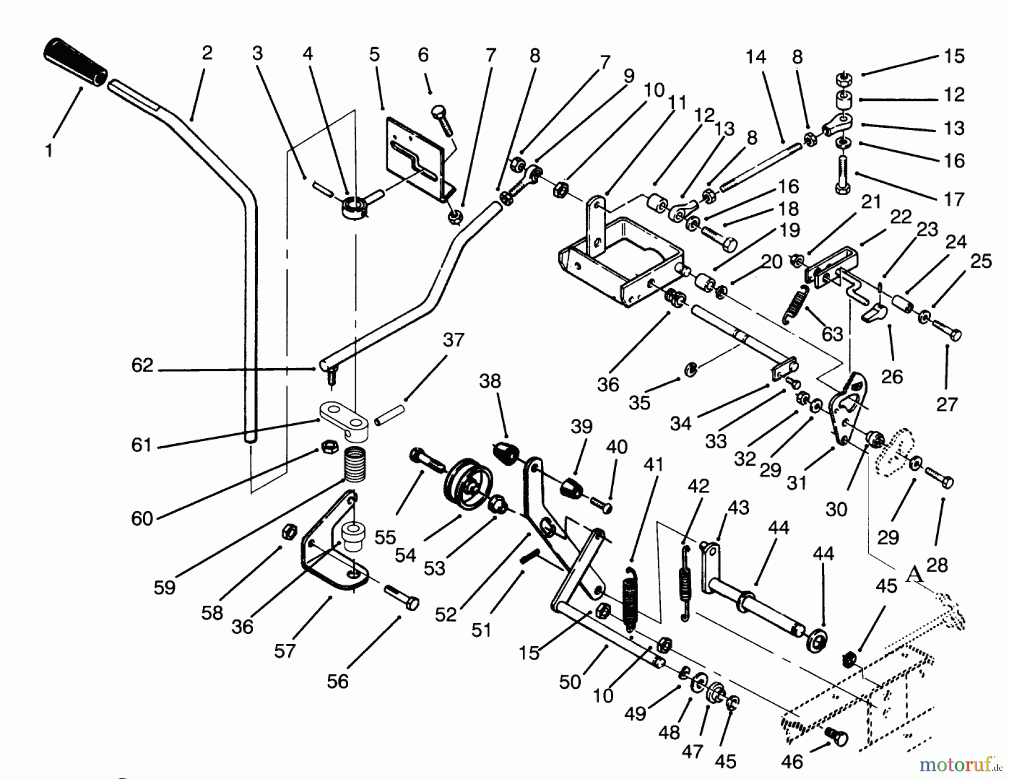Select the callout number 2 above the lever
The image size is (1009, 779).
[x=207, y=53]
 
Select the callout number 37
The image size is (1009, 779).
[x=453, y=340]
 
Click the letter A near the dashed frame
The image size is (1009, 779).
[x=914, y=574]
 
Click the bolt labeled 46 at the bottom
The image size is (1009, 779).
[x=835, y=734]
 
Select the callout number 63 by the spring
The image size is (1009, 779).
[x=832, y=334]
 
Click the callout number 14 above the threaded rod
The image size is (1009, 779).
[x=755, y=57]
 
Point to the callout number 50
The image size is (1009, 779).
[x=570, y=682]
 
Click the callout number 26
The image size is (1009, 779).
[x=891, y=377]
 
